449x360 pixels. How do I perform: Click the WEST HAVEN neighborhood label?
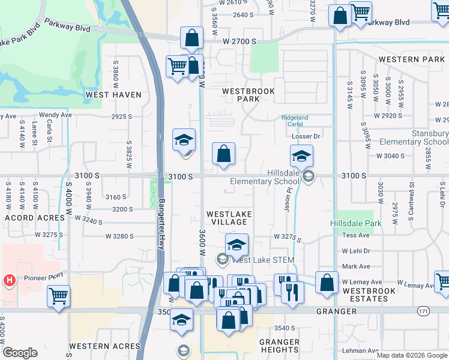point(113,95)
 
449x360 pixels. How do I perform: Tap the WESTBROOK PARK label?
point(248,95)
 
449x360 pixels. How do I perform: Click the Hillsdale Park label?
point(355,223)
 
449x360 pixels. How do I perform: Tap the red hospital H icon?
point(9,280)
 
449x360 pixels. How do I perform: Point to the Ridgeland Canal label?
point(295,121)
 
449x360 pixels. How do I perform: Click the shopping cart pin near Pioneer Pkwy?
point(58,296)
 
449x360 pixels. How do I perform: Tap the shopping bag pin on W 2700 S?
point(191,38)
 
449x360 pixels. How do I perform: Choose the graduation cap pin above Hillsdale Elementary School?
point(301,157)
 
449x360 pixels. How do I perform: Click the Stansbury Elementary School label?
point(421,137)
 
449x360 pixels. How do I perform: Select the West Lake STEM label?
point(262,260)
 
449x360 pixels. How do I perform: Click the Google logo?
point(20,353)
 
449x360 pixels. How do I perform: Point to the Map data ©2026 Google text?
point(412,355)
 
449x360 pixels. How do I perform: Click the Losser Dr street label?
point(304,136)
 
